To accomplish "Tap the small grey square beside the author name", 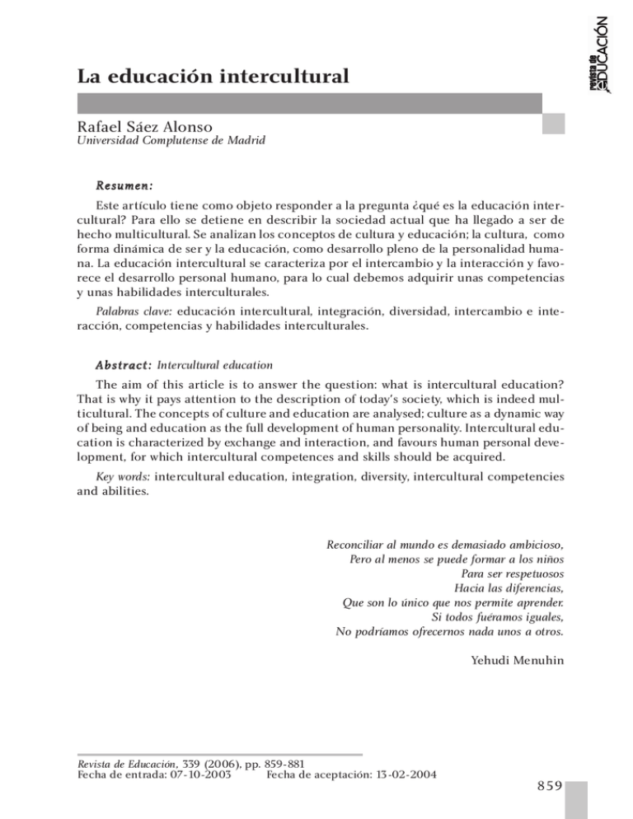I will [x=553, y=124].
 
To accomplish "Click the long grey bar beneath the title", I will [x=309, y=103].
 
